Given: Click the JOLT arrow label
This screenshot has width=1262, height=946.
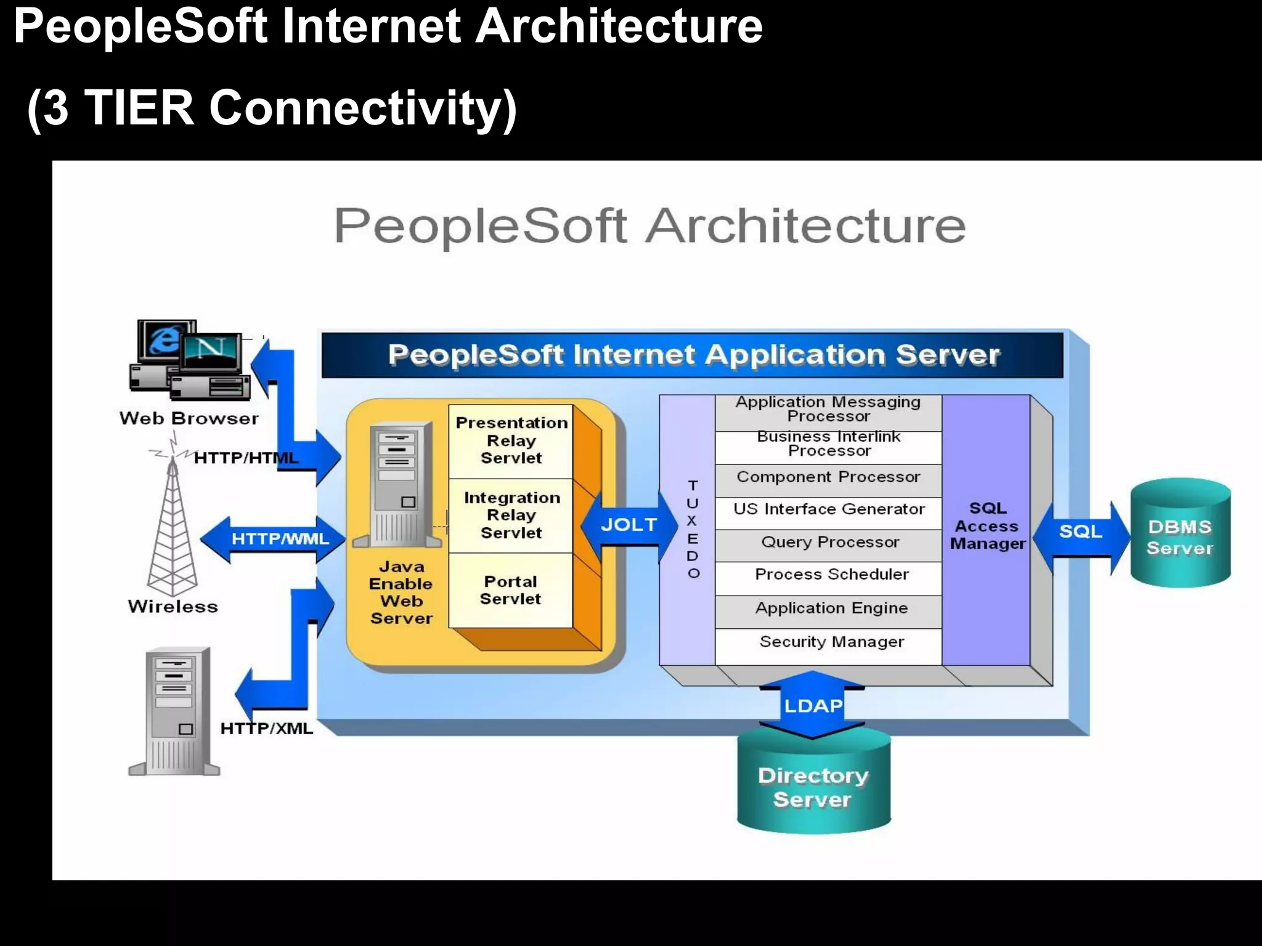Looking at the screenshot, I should [x=629, y=525].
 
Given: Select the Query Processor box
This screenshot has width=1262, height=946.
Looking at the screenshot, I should [x=829, y=543].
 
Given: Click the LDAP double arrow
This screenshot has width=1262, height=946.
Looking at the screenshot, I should [x=813, y=705].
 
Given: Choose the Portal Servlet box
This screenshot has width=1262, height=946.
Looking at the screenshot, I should [x=510, y=590].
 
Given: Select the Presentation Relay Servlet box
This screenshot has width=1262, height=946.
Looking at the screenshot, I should [x=511, y=440].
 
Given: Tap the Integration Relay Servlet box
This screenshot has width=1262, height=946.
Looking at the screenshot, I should [x=511, y=515].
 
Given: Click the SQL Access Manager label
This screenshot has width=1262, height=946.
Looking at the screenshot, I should [x=987, y=526].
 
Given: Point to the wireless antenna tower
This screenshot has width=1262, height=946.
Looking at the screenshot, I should [x=173, y=530].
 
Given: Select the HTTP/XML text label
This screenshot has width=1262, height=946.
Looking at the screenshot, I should [x=266, y=729].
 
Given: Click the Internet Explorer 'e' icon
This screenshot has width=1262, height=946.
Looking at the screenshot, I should [x=162, y=339].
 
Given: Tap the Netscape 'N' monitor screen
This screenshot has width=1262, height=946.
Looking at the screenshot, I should [x=210, y=350].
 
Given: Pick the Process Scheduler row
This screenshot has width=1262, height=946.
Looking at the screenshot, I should [x=831, y=575].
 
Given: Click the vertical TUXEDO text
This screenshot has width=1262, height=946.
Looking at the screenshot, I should [x=693, y=530].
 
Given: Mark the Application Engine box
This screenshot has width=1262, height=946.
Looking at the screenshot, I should [x=831, y=608].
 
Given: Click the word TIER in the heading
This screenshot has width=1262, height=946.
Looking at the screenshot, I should [x=139, y=108].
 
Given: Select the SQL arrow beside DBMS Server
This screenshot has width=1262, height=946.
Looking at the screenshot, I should [x=1080, y=532].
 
